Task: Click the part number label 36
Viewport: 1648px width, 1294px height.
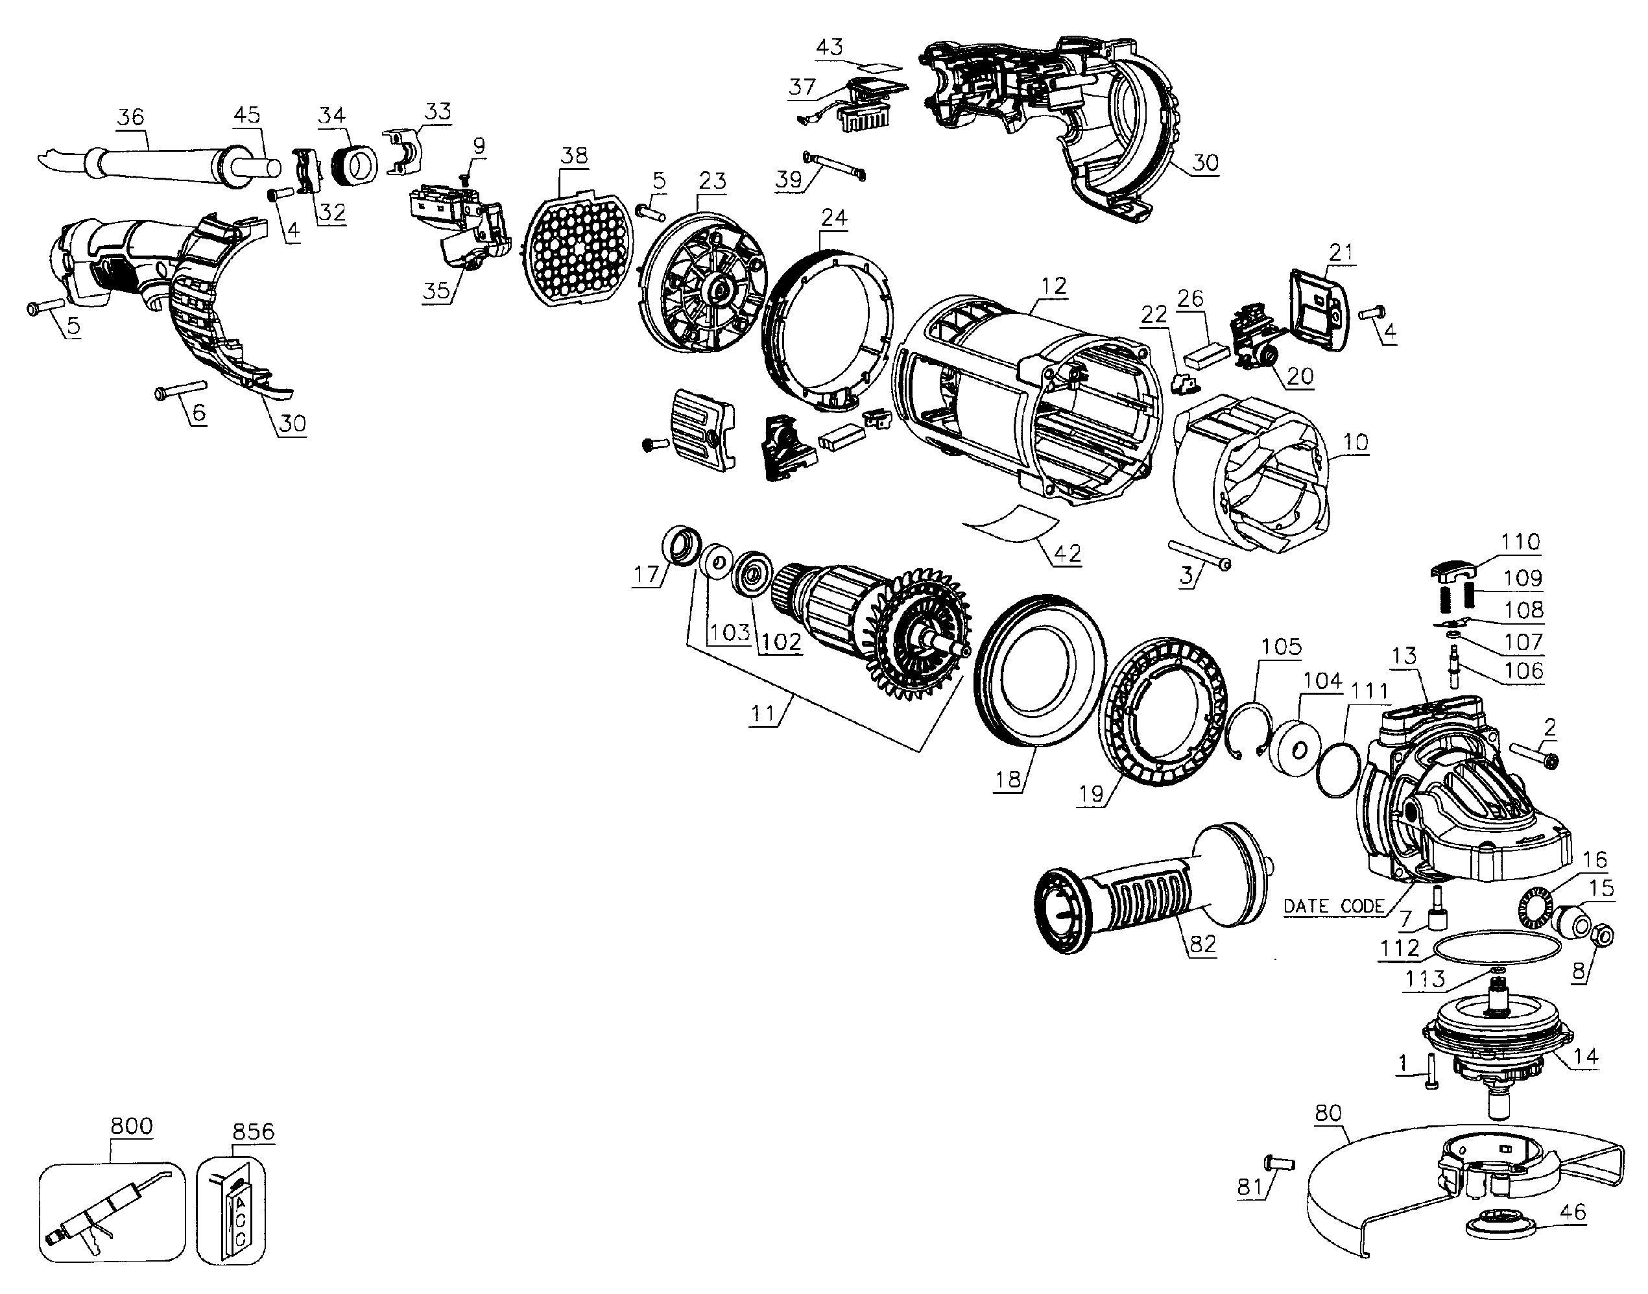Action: (x=131, y=117)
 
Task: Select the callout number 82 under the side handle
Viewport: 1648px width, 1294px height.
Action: (x=1202, y=944)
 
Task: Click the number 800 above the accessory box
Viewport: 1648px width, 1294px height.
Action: (x=131, y=1126)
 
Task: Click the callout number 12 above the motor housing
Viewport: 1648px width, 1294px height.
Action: (x=1053, y=285)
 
